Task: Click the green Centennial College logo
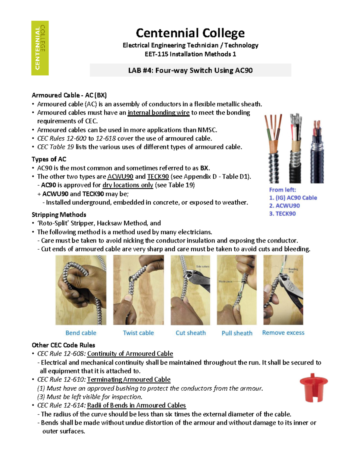click(40, 48)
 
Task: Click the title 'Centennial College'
click(190, 33)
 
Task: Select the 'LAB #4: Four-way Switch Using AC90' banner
click(190, 70)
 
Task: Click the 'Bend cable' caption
click(81, 333)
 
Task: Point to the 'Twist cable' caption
click(138, 333)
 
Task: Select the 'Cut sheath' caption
click(190, 333)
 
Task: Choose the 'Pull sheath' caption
click(237, 333)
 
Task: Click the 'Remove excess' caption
click(283, 332)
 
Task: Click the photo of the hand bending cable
click(81, 290)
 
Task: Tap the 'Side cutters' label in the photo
click(203, 266)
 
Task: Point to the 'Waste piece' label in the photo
click(225, 281)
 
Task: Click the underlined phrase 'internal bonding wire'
click(158, 113)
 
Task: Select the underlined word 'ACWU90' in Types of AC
click(120, 176)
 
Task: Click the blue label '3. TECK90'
click(282, 214)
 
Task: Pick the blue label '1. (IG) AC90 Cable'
click(293, 198)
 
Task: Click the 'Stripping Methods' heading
click(59, 215)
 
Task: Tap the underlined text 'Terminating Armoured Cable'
click(129, 380)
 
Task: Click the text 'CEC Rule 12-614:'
click(61, 405)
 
